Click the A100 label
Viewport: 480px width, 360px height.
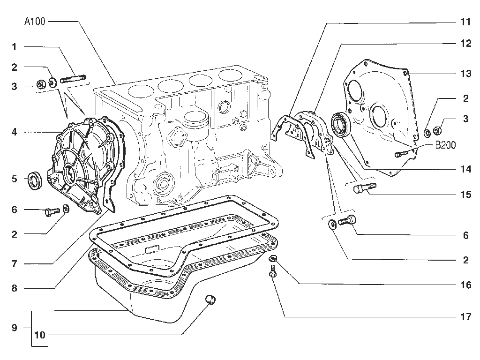(x=35, y=22)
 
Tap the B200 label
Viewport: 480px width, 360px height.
(x=445, y=145)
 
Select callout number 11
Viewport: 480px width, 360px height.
(x=465, y=22)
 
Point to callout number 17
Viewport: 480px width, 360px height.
(x=465, y=316)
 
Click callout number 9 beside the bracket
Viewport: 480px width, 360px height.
(x=15, y=328)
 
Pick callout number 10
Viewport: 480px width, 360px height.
(x=40, y=335)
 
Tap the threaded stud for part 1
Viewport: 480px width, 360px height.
(x=73, y=79)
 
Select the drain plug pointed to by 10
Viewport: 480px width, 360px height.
(x=210, y=300)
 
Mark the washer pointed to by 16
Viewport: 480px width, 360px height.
(x=272, y=259)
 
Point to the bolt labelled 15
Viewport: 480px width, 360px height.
(x=364, y=187)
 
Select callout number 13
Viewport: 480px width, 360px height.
(x=465, y=74)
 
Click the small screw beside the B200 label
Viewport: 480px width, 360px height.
(x=401, y=154)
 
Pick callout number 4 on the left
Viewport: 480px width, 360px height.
(x=15, y=132)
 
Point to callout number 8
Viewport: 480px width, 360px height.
(x=15, y=288)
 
